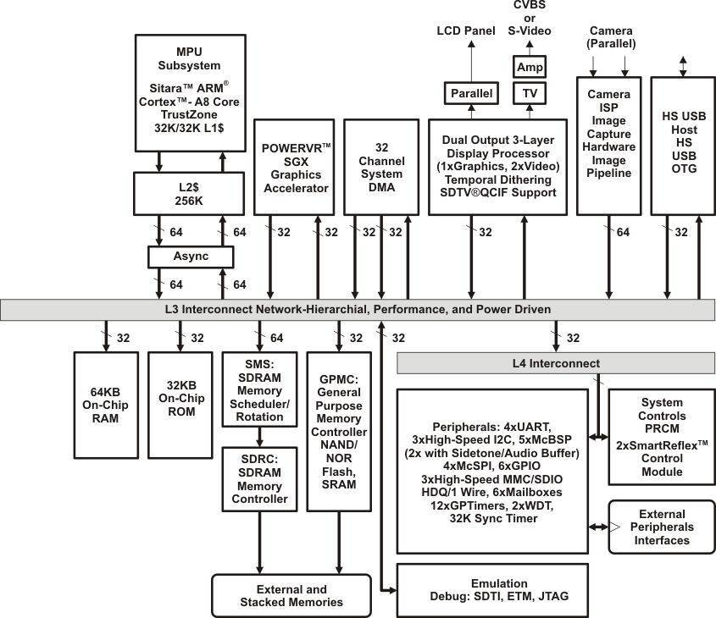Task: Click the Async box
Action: tap(191, 256)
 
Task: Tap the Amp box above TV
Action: tap(530, 66)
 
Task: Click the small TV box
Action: tap(530, 92)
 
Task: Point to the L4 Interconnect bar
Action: tap(556, 364)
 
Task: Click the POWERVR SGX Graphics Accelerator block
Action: tap(296, 166)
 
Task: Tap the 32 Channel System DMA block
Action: tap(380, 166)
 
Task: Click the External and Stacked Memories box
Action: tap(291, 595)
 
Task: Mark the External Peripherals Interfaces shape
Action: tap(663, 527)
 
